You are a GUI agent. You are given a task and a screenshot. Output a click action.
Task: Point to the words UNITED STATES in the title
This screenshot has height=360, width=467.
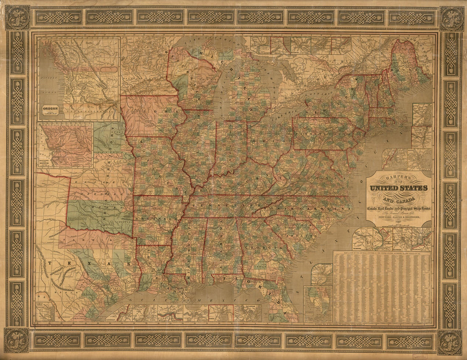pyautogui.click(x=399, y=188)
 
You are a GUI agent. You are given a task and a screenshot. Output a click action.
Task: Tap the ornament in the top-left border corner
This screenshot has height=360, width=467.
pyautogui.click(x=17, y=17)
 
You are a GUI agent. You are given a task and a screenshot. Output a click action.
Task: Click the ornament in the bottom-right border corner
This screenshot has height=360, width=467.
pyautogui.click(x=450, y=341)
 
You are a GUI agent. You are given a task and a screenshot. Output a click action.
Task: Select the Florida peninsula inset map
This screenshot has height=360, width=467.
pyautogui.click(x=318, y=303)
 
